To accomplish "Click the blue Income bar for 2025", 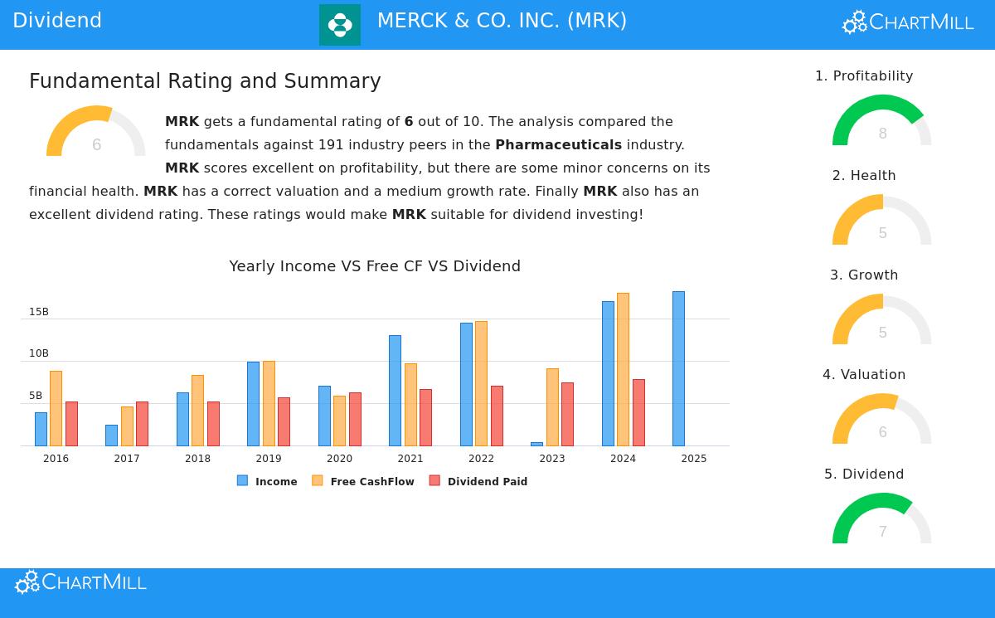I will [x=678, y=368].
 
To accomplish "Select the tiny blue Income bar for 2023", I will [x=536, y=444].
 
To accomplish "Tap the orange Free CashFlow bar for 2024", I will [x=623, y=369].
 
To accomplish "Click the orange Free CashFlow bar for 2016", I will [x=56, y=408].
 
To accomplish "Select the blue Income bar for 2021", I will [x=395, y=390].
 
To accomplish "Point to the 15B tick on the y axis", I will [x=39, y=312].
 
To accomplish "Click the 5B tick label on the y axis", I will [x=36, y=396].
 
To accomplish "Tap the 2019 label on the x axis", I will [x=269, y=459].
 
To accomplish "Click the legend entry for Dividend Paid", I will [x=478, y=481].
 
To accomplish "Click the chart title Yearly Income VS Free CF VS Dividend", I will [x=375, y=266].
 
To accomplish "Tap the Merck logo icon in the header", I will [x=340, y=25].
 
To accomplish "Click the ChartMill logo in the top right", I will [x=908, y=22].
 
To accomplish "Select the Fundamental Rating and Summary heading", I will [x=205, y=81].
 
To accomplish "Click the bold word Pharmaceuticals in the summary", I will [x=558, y=144].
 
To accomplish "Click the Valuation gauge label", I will [x=864, y=374].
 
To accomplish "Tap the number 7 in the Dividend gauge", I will [x=882, y=532].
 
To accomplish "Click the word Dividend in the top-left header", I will [x=57, y=21].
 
